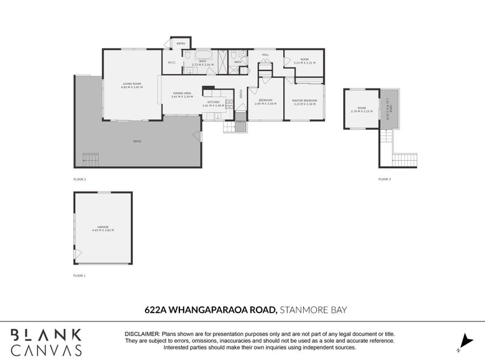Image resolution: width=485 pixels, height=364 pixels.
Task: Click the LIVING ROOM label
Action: pyautogui.click(x=132, y=84)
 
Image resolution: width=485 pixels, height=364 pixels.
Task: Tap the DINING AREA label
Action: pyautogui.click(x=181, y=95)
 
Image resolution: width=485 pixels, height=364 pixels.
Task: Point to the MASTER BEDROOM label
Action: pyautogui.click(x=304, y=101)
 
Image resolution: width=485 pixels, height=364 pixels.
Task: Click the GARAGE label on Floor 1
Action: pyautogui.click(x=103, y=228)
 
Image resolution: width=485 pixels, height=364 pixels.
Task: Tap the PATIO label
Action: pyautogui.click(x=137, y=141)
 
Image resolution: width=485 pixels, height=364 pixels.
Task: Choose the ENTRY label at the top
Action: pyautogui.click(x=181, y=44)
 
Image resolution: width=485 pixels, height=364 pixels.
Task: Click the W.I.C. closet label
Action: pyautogui.click(x=172, y=62)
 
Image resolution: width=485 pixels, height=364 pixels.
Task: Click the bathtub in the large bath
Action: pyautogui.click(x=202, y=55)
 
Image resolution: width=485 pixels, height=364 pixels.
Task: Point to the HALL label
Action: pyautogui.click(x=266, y=55)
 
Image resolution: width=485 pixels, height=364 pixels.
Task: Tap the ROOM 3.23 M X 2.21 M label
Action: pyautogui.click(x=304, y=61)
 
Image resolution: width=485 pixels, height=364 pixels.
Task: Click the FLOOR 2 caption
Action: pyautogui.click(x=80, y=180)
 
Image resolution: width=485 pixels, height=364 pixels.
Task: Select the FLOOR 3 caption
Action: pyautogui.click(x=385, y=180)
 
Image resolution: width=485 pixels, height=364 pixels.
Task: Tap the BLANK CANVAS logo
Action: pyautogui.click(x=46, y=342)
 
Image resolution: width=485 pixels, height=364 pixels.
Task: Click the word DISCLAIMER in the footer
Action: pyautogui.click(x=142, y=334)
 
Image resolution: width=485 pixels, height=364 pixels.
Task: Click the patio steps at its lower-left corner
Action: pyautogui.click(x=90, y=160)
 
